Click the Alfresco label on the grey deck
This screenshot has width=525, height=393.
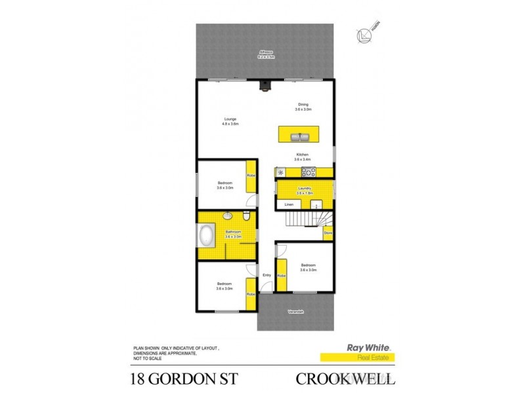coord(266,52)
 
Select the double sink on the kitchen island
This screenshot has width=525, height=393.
coord(301,136)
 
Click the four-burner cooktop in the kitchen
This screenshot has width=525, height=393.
coord(308,172)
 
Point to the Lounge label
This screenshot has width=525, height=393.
coord(230,119)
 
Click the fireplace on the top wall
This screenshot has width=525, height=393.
coord(264,85)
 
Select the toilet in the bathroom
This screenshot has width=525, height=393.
coord(245,217)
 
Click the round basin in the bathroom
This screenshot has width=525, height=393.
coord(227,216)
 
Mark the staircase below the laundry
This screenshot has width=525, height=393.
coord(304,217)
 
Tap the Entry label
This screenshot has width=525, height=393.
coord(266,275)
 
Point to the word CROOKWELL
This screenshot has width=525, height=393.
coord(346,378)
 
